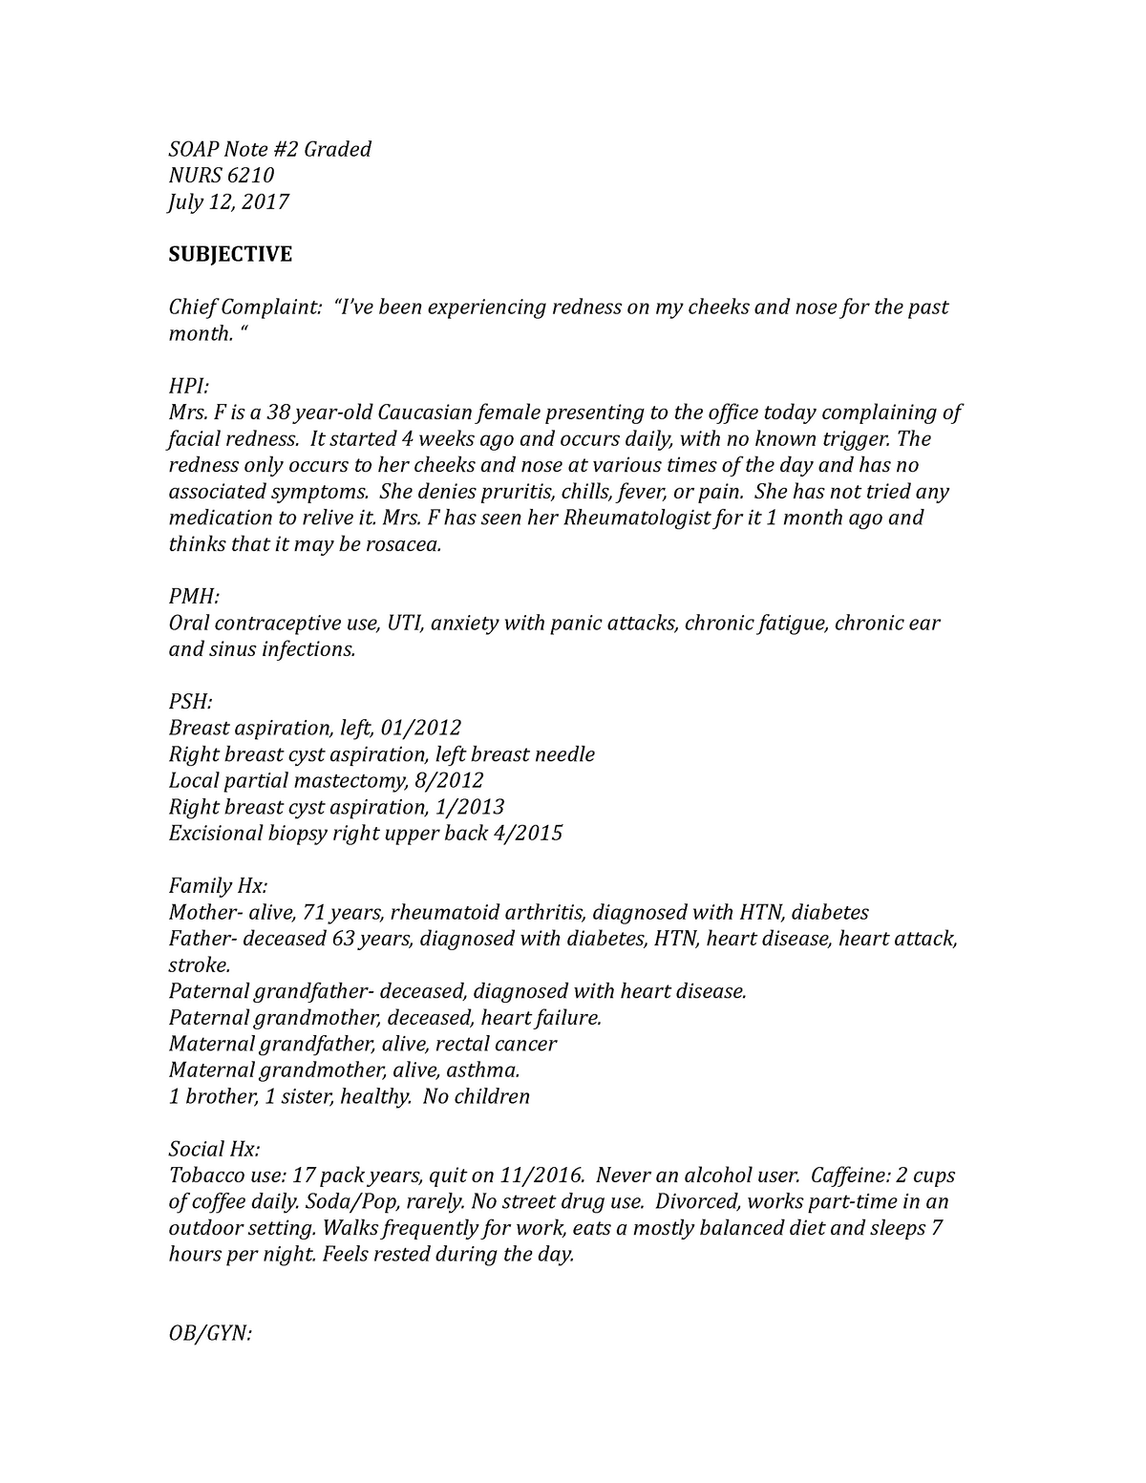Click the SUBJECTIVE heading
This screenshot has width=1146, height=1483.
click(x=230, y=254)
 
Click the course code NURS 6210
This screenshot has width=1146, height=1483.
click(x=222, y=176)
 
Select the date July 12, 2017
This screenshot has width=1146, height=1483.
click(x=228, y=201)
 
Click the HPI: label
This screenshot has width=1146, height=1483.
click(x=188, y=386)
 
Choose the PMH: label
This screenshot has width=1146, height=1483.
click(x=194, y=597)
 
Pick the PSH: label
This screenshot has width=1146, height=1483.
click(x=190, y=702)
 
